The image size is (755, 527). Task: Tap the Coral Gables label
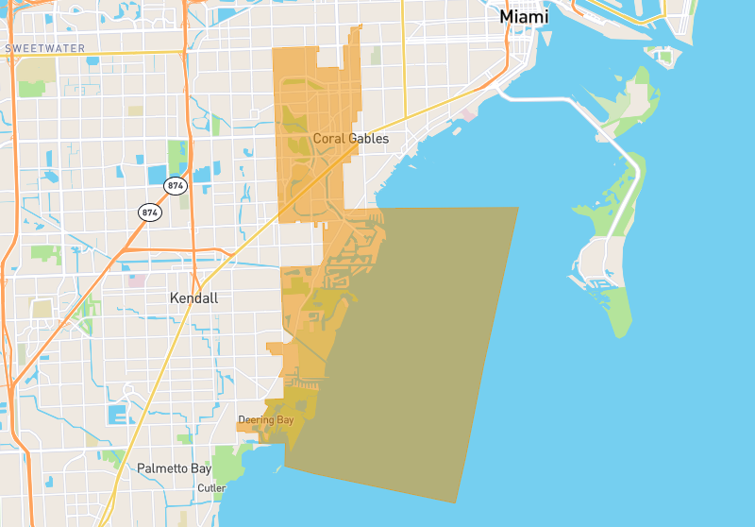point(350,139)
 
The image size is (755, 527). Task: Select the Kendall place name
point(193,298)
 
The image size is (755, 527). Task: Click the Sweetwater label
point(44,48)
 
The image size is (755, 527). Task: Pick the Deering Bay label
point(265,419)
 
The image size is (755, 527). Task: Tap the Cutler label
point(211,488)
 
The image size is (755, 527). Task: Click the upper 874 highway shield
point(175,186)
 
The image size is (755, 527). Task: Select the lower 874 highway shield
point(149,212)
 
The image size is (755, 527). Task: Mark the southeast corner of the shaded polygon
point(457,502)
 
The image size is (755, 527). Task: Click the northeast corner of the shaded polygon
point(518,208)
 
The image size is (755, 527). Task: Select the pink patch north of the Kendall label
point(138,280)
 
